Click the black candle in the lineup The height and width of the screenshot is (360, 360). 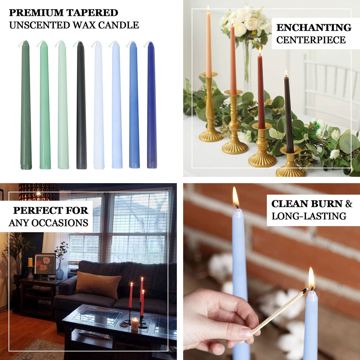click(81, 105)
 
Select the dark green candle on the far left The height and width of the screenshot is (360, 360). click(26, 105)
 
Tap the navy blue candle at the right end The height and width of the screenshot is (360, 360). click(152, 105)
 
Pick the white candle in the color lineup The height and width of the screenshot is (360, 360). click(98, 105)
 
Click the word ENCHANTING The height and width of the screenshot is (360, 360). click(314, 27)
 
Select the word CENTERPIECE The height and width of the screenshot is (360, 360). click(311, 40)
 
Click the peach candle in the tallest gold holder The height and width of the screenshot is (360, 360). click(208, 42)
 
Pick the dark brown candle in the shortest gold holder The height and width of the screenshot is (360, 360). click(289, 112)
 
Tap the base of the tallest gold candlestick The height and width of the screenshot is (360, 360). click(211, 135)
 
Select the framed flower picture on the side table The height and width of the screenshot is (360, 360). click(45, 264)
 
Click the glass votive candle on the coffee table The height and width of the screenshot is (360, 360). click(135, 323)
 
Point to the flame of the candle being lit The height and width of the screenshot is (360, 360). click(311, 278)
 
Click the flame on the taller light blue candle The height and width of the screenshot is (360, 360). click(235, 198)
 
